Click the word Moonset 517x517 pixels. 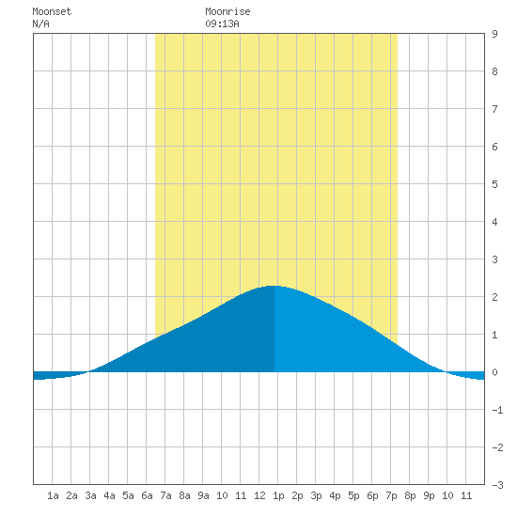(x=52, y=11)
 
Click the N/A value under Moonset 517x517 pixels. (x=40, y=23)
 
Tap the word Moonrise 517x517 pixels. (x=227, y=11)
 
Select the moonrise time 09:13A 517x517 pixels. (x=222, y=23)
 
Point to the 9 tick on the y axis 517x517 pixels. (x=494, y=34)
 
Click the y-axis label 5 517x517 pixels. (x=494, y=184)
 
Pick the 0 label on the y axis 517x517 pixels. (x=494, y=372)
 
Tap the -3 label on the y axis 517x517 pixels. (x=497, y=485)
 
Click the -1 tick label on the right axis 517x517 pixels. (x=497, y=410)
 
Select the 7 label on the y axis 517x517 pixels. (x=494, y=109)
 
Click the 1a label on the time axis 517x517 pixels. (x=53, y=495)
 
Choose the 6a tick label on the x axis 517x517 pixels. (x=147, y=495)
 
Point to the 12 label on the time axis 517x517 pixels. (x=259, y=495)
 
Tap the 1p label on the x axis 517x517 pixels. (x=278, y=495)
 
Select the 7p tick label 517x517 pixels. (x=391, y=495)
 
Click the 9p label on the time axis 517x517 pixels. (x=429, y=495)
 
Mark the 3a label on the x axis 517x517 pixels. (x=90, y=495)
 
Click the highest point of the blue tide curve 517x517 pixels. (x=274, y=286)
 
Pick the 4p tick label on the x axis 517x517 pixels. (x=335, y=495)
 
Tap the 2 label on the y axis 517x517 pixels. (x=494, y=297)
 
